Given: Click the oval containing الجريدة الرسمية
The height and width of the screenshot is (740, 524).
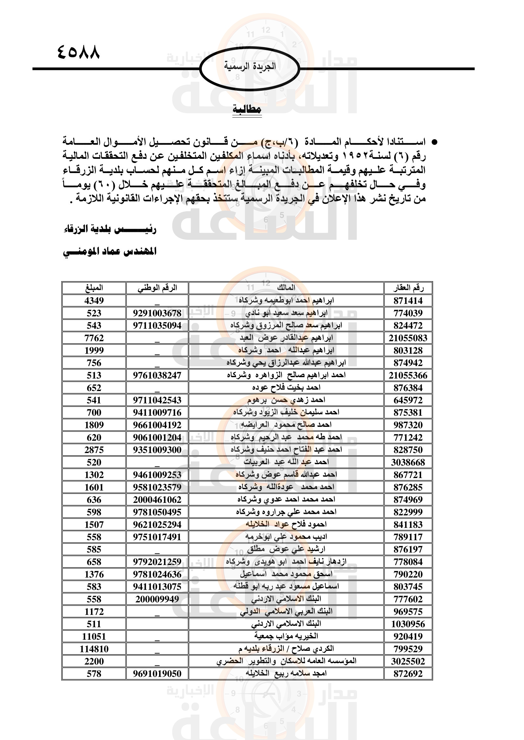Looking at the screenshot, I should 250,68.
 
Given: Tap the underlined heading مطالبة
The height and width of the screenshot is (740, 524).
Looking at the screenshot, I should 247,109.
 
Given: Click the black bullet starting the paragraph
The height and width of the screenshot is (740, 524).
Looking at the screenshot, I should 434,142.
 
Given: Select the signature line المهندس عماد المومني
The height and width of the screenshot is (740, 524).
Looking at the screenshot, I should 110,252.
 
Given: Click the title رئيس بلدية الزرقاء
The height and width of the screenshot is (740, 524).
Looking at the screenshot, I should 110,229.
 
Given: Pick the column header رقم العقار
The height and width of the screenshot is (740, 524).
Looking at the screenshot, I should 408,288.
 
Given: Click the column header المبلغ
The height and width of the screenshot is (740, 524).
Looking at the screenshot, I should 94,288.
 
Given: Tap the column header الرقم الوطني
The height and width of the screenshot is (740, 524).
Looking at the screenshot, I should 157,288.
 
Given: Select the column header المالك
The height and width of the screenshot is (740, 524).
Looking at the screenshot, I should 286,288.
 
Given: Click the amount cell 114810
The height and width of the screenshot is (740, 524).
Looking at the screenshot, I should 94,649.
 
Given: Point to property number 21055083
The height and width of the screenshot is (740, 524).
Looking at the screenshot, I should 408,338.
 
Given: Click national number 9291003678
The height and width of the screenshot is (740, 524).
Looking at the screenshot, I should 157,313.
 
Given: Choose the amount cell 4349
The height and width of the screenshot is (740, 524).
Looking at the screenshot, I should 94,301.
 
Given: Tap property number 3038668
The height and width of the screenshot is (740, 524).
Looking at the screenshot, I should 408,463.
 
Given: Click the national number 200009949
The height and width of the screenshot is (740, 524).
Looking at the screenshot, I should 157,599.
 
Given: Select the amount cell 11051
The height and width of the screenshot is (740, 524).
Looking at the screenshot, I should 94,637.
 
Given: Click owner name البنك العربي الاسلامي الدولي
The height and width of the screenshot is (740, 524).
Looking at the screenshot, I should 286,612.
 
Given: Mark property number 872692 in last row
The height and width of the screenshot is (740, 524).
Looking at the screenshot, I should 408,674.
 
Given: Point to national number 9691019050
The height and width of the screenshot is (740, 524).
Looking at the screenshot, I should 157,674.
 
